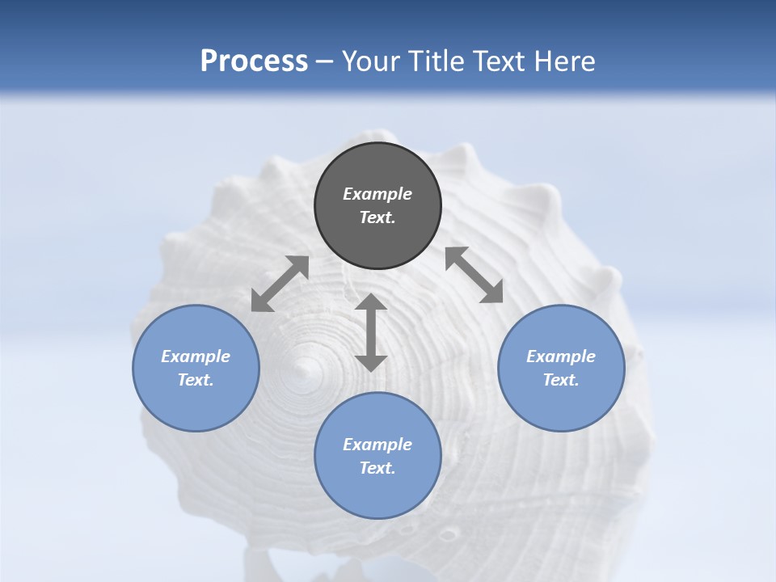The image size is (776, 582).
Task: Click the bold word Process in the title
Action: point(254,61)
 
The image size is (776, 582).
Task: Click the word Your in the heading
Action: point(373,61)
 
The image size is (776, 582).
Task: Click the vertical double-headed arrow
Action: point(371,332)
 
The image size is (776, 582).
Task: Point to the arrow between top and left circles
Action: point(280,284)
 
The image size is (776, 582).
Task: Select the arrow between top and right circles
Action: point(474,275)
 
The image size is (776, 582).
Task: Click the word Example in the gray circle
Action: point(377,194)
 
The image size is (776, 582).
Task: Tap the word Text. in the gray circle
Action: point(377,217)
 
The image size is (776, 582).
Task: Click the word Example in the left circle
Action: point(196,356)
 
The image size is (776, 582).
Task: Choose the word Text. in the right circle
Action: point(561,380)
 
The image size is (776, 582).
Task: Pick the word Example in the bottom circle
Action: point(377,445)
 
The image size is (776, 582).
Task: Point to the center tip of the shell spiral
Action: point(306,368)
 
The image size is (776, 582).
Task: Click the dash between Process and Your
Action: point(325,61)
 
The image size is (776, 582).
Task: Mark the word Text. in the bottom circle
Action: point(377,468)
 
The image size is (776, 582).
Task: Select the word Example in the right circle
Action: point(561,356)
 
